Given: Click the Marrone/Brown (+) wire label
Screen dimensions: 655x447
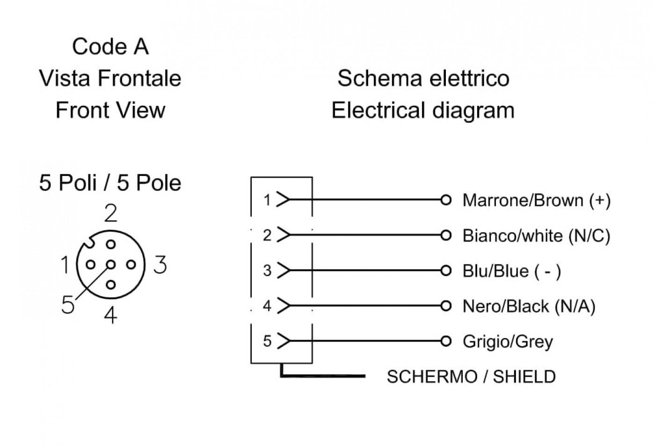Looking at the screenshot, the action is [536, 201].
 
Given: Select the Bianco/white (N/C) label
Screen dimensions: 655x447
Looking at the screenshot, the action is [536, 236].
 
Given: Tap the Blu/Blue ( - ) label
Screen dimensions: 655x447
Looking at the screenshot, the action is [512, 271].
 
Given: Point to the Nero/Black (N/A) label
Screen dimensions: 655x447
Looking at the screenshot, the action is [529, 306].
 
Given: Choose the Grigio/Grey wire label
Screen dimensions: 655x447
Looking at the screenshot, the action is [508, 342].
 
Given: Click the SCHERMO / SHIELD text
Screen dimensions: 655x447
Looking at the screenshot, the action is [471, 376].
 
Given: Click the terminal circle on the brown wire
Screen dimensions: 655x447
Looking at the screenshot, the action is [445, 200].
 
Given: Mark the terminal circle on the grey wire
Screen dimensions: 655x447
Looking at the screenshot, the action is [445, 341].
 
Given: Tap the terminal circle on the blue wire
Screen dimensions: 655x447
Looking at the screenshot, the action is [445, 271].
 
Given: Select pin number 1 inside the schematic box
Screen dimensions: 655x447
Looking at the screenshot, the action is [267, 200].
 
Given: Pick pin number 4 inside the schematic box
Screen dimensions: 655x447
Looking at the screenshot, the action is [267, 306].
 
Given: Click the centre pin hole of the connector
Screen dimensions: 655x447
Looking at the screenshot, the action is [110, 265].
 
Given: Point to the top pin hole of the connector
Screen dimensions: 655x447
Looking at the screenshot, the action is [110, 244].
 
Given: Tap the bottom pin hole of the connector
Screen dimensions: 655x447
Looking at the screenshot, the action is [110, 285].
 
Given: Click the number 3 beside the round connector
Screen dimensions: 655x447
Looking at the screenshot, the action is [160, 264].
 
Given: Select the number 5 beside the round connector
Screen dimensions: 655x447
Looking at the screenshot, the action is [68, 304].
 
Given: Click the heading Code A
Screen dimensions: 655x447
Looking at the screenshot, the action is [110, 46].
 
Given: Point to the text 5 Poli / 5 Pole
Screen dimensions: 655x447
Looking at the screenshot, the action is [110, 183].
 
